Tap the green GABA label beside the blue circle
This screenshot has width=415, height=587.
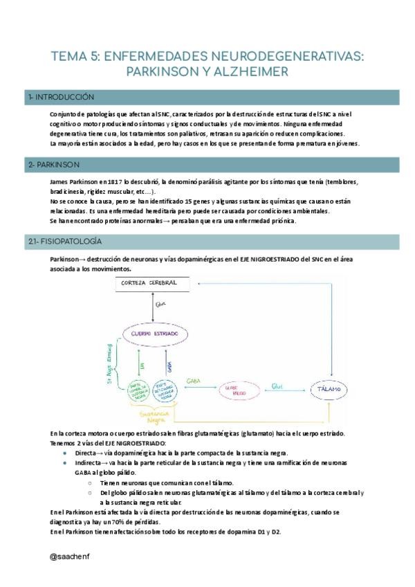coord(192,381)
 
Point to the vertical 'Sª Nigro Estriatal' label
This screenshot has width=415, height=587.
coord(108,368)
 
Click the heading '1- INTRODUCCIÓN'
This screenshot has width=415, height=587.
coord(62,97)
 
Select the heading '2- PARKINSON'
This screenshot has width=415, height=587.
coord(55,165)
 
